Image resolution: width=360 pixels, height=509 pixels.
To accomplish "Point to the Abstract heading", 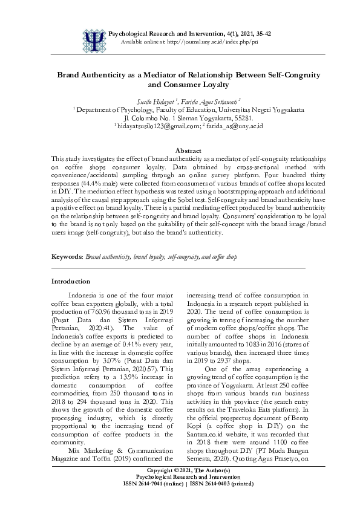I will [180, 150].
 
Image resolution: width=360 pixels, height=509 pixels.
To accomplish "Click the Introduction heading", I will [71, 281].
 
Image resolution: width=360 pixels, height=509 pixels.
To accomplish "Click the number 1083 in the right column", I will [261, 342].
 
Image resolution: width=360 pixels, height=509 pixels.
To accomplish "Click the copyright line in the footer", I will [180, 487].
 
